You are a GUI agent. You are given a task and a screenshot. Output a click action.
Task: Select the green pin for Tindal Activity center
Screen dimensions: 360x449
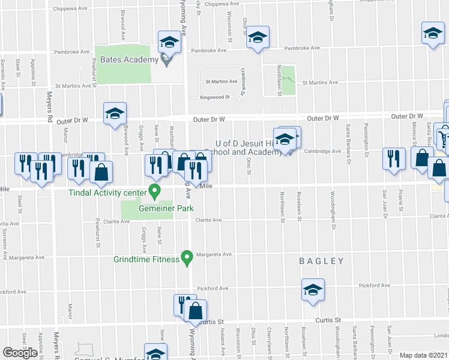pyautogui.click(x=154, y=192)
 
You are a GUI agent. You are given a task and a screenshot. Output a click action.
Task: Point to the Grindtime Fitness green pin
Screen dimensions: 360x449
pyautogui.click(x=187, y=259)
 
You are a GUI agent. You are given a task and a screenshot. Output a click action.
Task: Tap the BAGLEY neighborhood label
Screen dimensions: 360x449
pyautogui.click(x=322, y=261)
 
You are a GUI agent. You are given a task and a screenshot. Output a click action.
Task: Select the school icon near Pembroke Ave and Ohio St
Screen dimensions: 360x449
pyautogui.click(x=258, y=38)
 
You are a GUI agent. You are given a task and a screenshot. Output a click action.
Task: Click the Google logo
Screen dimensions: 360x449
pyautogui.click(x=20, y=353)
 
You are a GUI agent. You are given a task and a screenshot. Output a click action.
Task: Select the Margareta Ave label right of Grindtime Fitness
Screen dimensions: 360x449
pyautogui.click(x=218, y=254)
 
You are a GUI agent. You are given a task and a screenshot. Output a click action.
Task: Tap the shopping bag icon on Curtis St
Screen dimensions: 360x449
pyautogui.click(x=196, y=311)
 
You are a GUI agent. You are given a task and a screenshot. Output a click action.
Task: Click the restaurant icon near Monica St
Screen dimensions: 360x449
pyautogui.click(x=393, y=158)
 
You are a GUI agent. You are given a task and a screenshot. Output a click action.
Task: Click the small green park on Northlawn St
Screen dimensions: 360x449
pyautogui.click(x=289, y=80)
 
